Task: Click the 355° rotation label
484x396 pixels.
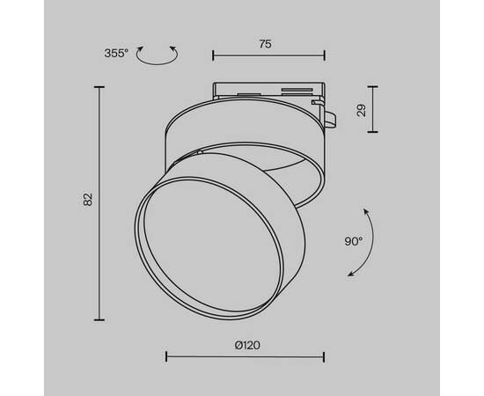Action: point(117,54)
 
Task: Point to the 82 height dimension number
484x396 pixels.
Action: point(87,202)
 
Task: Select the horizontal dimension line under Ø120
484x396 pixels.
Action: point(245,357)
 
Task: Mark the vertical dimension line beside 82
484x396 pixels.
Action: point(99,202)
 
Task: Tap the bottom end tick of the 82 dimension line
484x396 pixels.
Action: point(99,319)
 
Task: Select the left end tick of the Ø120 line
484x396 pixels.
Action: point(167,357)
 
